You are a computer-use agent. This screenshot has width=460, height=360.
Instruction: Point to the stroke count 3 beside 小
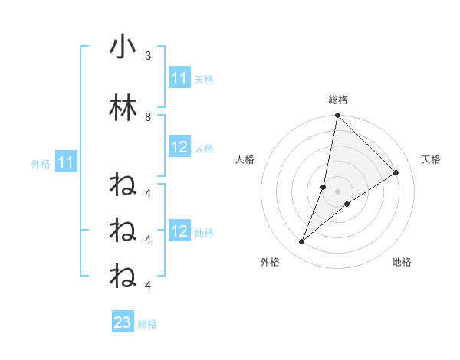tap(148, 56)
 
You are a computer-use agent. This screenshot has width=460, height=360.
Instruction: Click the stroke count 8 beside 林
tap(148, 116)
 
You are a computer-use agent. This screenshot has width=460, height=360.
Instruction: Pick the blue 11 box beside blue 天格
tap(179, 78)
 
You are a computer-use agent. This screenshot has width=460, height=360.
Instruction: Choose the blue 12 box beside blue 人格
tap(179, 147)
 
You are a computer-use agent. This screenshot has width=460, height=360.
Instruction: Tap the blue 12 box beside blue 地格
tap(179, 231)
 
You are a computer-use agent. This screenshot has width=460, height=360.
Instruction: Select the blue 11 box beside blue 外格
tap(65, 162)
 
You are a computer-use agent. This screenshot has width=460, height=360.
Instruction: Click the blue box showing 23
tap(123, 322)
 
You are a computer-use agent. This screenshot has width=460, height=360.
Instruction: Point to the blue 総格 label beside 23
tap(148, 324)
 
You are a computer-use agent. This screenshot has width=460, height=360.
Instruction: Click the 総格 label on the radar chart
tap(338, 100)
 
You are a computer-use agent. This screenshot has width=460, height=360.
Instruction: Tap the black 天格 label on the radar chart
tap(431, 159)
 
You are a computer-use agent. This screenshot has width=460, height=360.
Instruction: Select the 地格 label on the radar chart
tap(402, 262)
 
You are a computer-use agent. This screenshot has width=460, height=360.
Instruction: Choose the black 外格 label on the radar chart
tap(270, 262)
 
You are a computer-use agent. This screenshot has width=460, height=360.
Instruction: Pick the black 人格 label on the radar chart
tap(245, 159)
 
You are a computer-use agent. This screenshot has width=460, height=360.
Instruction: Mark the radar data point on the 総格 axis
tap(337, 116)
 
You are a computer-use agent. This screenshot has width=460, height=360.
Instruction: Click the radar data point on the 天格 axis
tap(396, 173)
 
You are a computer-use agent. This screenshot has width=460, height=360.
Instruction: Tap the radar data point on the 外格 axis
tap(302, 242)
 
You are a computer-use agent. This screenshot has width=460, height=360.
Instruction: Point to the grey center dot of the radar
tap(338, 191)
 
